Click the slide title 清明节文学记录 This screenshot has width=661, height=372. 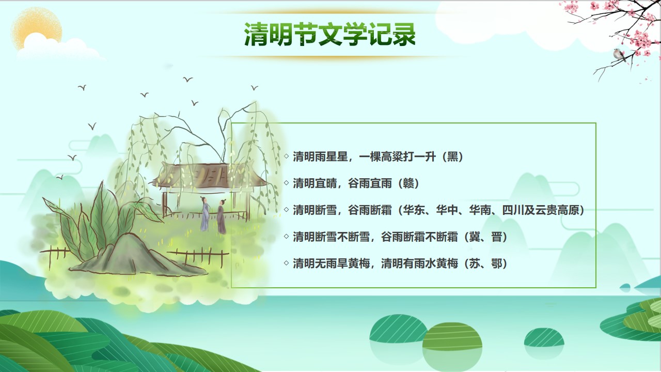coord(330,34)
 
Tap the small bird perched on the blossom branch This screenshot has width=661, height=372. coord(619,55)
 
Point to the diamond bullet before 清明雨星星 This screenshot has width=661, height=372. coord(286,156)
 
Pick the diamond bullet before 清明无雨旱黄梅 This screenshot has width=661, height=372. coord(286,263)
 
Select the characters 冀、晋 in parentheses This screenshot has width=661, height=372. coord(486,237)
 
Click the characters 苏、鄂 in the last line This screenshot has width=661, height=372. coord(486,263)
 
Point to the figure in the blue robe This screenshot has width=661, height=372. coord(204,214)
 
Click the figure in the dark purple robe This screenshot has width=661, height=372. coord(222,217)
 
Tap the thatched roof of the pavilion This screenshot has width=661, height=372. coord(208,176)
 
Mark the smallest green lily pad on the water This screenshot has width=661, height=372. coord(544,337)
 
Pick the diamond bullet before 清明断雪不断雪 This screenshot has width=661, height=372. coord(286,236)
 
